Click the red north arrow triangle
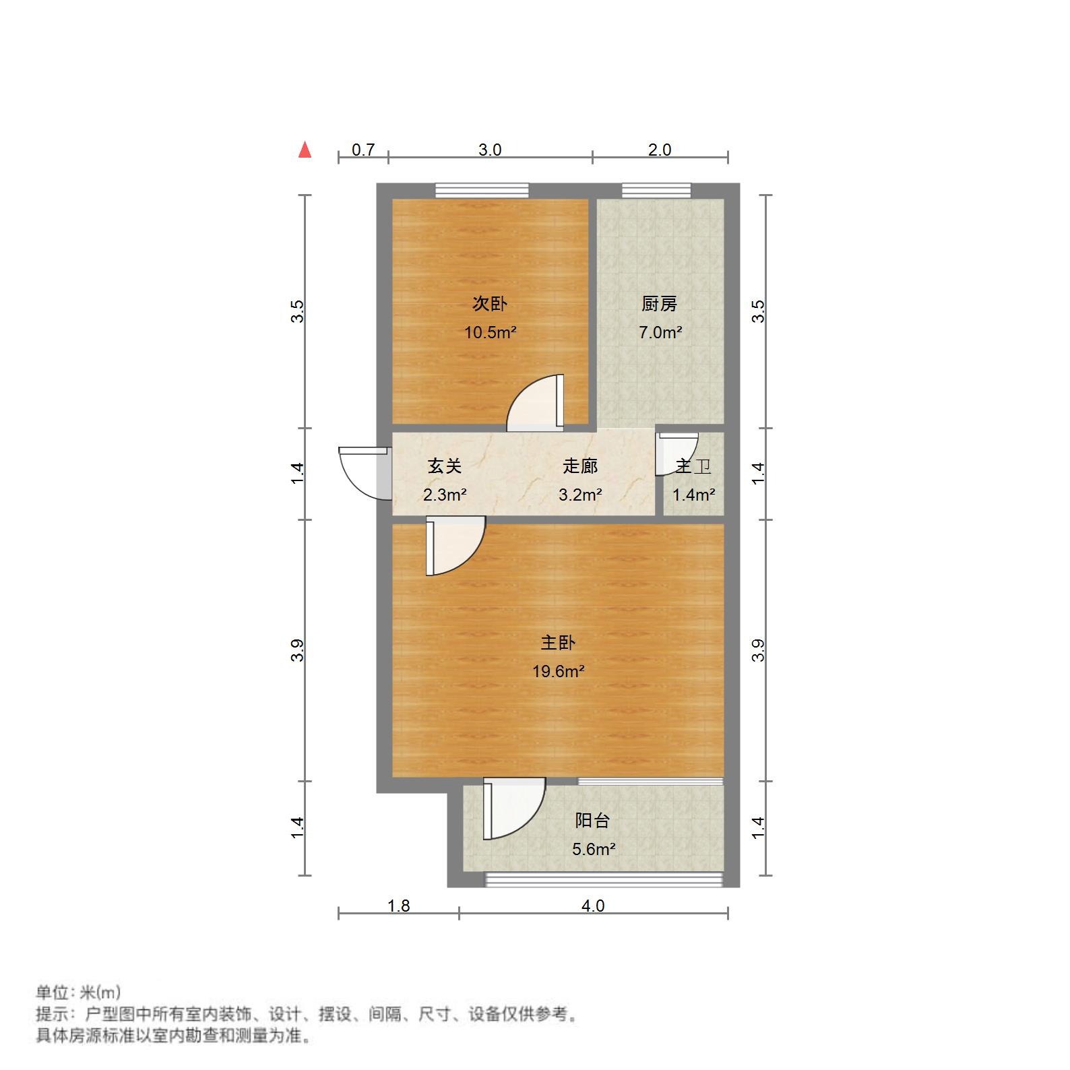[x=305, y=150]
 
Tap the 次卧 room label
[x=489, y=304]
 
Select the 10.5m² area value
[x=490, y=332]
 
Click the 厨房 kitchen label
[x=659, y=304]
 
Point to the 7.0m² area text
[x=660, y=332]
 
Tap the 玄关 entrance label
[x=445, y=466]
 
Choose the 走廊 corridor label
[x=580, y=466]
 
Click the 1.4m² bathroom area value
[x=693, y=495]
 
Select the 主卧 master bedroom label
[x=558, y=643]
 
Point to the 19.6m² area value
[x=558, y=671]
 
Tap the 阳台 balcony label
[x=592, y=821]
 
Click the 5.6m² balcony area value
[x=594, y=849]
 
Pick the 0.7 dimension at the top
[x=363, y=150]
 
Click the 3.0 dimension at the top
[x=490, y=150]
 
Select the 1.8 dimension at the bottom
[x=399, y=906]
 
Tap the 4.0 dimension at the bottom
[x=593, y=906]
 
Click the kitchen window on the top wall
[x=656, y=191]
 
